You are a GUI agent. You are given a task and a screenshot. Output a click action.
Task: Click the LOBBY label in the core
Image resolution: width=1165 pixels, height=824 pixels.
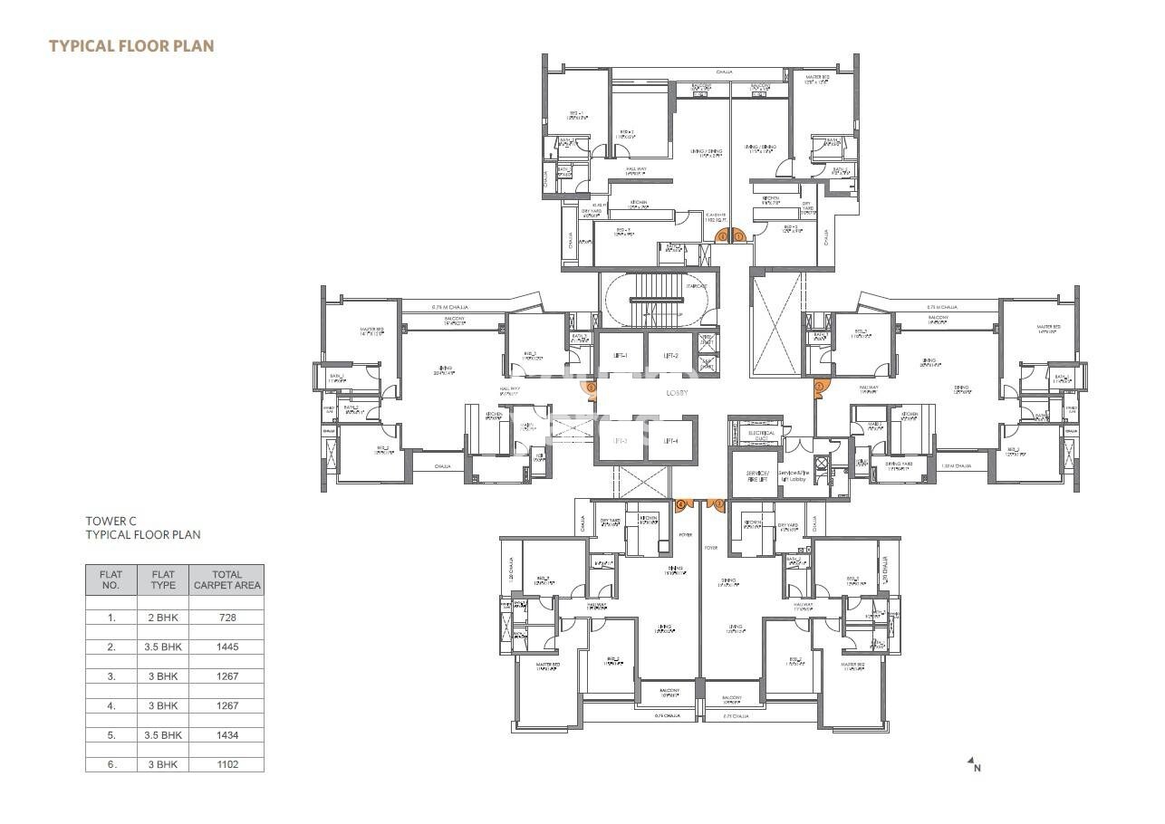[x=677, y=393]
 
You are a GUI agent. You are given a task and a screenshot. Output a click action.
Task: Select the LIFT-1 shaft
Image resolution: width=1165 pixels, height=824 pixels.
[x=620, y=356]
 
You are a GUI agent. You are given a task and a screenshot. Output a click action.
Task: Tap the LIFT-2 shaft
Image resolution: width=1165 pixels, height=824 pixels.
[x=670, y=356]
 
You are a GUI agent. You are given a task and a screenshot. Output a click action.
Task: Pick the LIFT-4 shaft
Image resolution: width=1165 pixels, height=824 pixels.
[x=670, y=441]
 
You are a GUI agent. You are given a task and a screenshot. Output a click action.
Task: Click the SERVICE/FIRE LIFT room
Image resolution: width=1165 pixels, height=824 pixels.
[x=756, y=477]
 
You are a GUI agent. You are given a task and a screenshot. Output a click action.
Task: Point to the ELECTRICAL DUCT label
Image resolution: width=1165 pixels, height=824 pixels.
[x=761, y=436]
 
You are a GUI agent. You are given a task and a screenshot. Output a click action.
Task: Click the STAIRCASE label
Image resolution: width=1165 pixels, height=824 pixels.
[x=696, y=286]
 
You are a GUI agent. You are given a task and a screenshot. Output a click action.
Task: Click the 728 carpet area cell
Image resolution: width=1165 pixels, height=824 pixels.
[x=226, y=617]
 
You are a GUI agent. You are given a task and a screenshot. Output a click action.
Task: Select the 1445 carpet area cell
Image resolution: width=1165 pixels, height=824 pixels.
[x=226, y=647]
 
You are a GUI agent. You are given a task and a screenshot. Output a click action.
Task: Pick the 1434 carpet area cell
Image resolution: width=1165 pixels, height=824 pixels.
[x=226, y=735]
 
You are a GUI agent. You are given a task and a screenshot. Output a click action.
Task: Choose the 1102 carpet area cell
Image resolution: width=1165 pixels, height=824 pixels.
[x=226, y=764]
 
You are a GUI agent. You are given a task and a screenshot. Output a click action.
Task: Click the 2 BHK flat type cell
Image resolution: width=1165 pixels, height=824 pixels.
[x=163, y=617]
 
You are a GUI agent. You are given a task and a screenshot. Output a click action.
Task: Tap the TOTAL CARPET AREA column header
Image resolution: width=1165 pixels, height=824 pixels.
[x=226, y=580]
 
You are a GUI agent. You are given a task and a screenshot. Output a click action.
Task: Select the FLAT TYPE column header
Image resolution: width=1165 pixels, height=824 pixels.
[x=163, y=580]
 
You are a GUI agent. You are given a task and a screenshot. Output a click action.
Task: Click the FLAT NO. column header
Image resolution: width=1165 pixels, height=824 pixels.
[x=111, y=580]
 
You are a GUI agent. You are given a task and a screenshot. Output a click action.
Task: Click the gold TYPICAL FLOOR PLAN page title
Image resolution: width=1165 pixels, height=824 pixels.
[x=131, y=45]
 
